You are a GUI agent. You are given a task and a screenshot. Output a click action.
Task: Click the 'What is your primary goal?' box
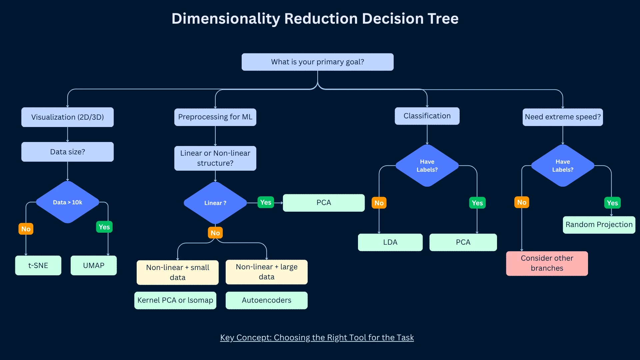click(317, 62)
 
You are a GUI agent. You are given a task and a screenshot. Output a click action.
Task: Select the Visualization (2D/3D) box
click(67, 117)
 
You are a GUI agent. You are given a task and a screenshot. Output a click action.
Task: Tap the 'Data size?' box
click(67, 152)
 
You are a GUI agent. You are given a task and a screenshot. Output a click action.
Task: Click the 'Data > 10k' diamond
click(67, 202)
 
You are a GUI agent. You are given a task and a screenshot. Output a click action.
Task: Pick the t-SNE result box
click(38, 265)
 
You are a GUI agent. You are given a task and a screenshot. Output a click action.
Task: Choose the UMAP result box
click(94, 265)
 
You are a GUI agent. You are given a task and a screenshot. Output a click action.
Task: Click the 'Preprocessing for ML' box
click(215, 117)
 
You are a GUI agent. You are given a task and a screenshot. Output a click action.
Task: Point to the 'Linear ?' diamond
click(215, 203)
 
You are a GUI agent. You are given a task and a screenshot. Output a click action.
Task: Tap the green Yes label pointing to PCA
click(266, 202)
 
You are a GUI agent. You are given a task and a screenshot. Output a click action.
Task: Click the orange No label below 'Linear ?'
click(215, 233)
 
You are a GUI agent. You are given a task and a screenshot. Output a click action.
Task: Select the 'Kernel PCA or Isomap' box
click(175, 300)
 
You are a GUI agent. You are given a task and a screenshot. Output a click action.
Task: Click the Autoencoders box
click(266, 300)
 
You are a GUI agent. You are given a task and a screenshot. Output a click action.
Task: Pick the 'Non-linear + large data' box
click(266, 272)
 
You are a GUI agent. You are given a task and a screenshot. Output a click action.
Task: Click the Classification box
click(427, 116)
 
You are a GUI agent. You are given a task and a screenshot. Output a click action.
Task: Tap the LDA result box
click(390, 242)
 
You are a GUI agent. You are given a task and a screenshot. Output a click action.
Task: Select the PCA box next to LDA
click(463, 242)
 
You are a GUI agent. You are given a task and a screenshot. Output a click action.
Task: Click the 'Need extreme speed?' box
click(563, 117)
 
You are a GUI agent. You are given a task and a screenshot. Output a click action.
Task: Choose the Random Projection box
click(599, 225)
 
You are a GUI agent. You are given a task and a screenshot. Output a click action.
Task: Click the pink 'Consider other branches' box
click(547, 263)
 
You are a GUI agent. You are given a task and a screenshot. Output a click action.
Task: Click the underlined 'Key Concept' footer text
click(317, 338)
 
